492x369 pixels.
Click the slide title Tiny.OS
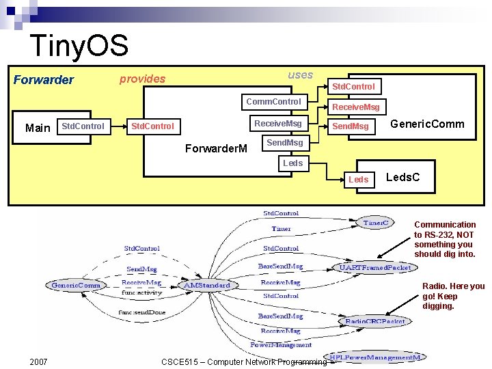[x=79, y=46]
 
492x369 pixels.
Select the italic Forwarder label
[x=44, y=80]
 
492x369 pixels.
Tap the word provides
[x=142, y=79]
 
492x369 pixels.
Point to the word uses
[x=300, y=75]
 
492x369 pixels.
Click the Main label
[x=38, y=128]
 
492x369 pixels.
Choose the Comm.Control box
[x=273, y=102]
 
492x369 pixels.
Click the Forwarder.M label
[x=217, y=149]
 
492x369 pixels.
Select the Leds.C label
[x=403, y=178]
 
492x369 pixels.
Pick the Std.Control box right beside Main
[x=83, y=126]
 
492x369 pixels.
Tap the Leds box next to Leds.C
[x=359, y=179]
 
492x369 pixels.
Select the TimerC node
[x=377, y=223]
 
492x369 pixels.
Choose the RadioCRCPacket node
[x=375, y=321]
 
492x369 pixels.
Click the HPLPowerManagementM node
[x=377, y=357]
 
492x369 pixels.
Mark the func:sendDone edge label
[x=141, y=312]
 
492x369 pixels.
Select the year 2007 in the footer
[x=39, y=361]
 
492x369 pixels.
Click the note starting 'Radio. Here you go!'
[x=453, y=296]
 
